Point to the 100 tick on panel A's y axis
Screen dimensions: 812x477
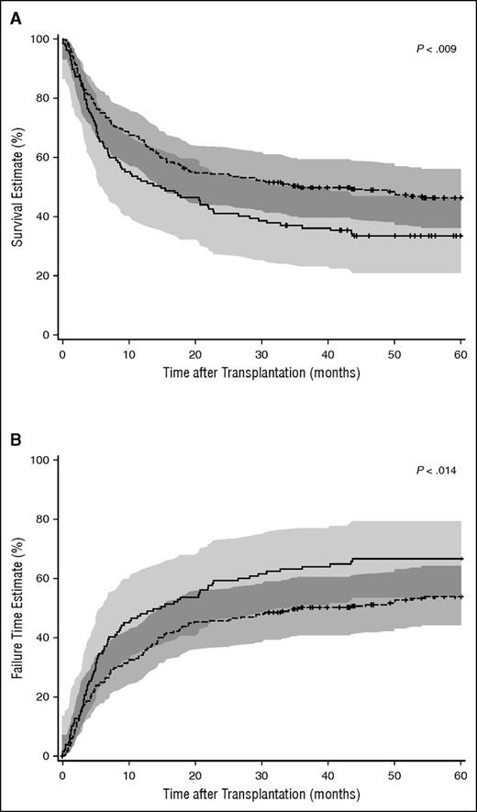(40, 39)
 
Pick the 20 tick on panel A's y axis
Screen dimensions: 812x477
(43, 276)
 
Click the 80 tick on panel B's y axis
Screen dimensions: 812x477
(43, 519)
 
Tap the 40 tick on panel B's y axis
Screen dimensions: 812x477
(43, 638)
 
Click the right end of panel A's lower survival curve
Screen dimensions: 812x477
(460, 236)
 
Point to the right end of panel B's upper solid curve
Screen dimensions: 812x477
(460, 558)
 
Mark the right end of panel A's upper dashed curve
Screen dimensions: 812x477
(460, 197)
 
